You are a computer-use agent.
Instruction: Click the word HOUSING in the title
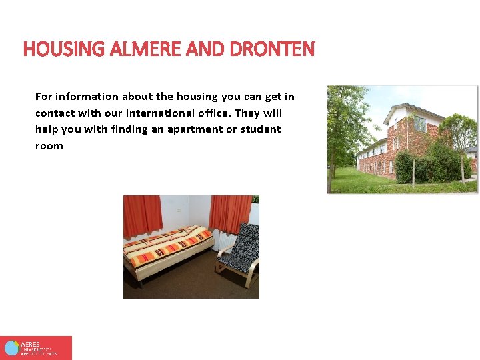coord(55,49)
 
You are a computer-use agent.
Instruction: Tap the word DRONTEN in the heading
coord(272,49)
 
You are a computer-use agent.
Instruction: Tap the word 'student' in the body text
coord(261,129)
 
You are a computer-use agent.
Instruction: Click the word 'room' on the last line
coord(49,146)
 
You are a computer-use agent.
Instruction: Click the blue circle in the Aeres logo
coord(11,348)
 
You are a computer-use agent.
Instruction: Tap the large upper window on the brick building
coord(420,123)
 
